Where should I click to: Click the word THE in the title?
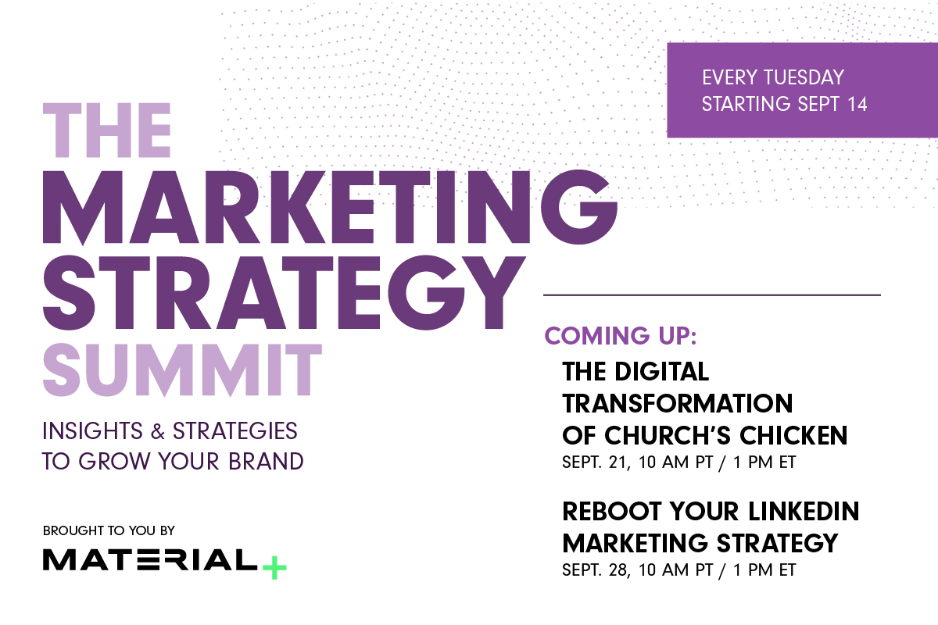click(107, 131)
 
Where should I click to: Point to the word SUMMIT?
click(181, 369)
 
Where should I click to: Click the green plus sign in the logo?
click(274, 566)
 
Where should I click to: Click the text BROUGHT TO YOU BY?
click(109, 530)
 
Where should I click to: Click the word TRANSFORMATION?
click(677, 403)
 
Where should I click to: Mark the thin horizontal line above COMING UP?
click(711, 295)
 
